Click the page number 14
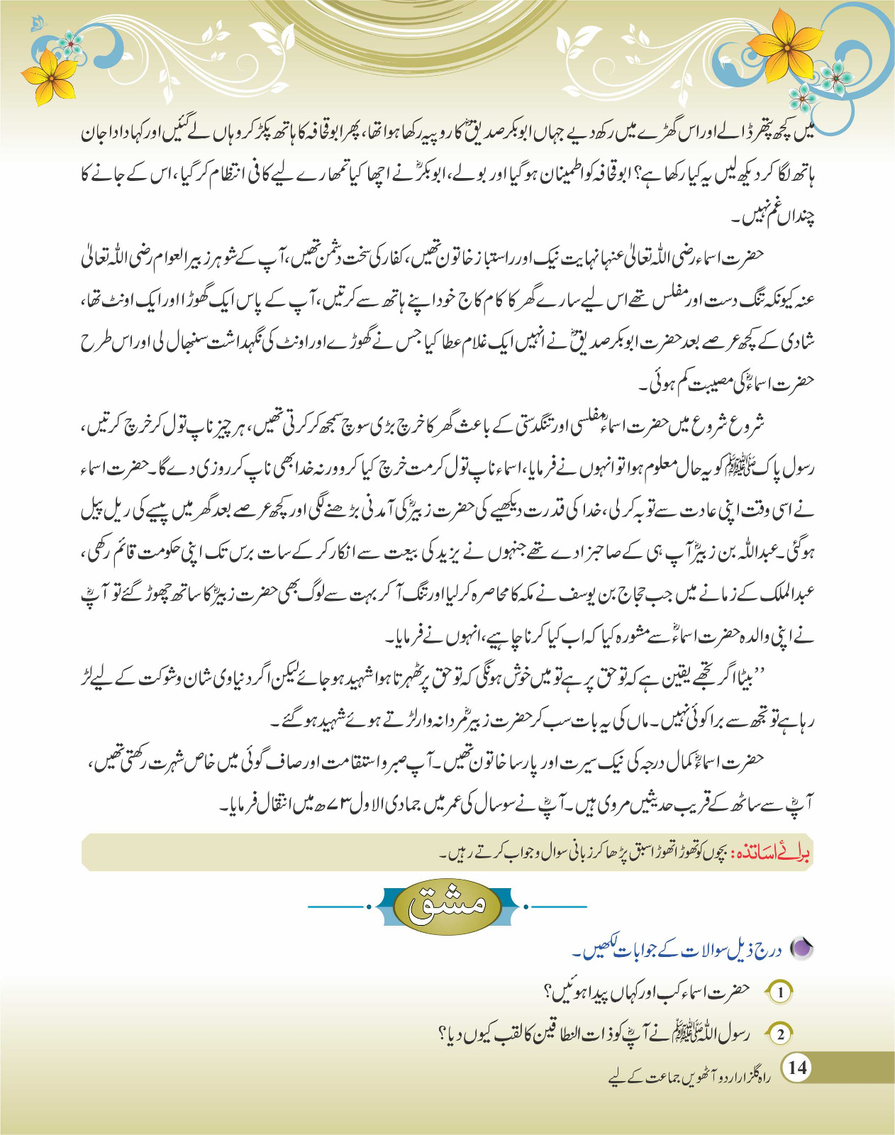point(797,1068)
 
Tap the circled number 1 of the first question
point(780,992)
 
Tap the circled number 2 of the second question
point(780,1034)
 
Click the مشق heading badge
point(448,906)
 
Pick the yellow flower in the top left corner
point(50,77)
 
